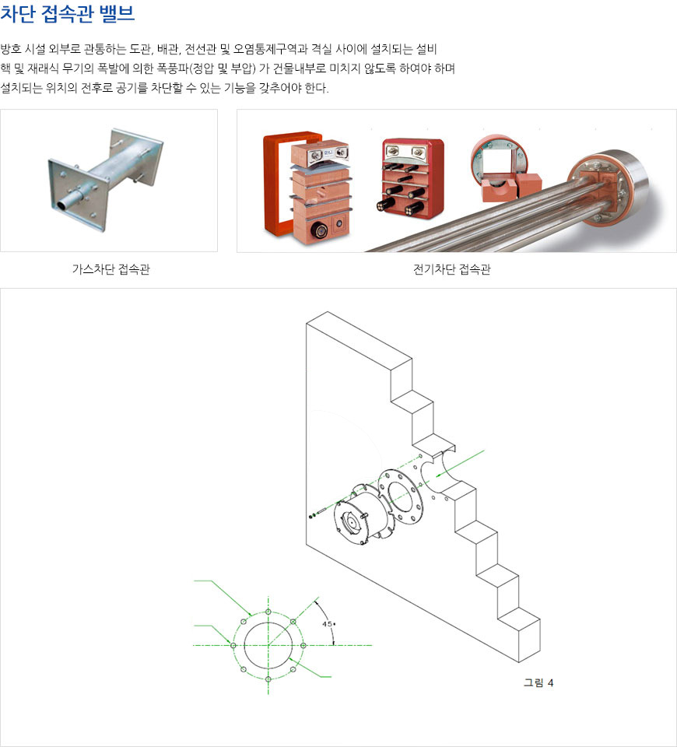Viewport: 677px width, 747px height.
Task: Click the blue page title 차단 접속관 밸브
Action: [67, 13]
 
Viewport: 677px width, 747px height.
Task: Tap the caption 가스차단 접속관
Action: [111, 269]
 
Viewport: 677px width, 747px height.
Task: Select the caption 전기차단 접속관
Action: [451, 269]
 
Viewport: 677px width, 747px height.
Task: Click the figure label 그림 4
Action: [538, 682]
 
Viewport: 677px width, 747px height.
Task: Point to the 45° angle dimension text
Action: [328, 623]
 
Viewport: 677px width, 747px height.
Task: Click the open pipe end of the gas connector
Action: [63, 205]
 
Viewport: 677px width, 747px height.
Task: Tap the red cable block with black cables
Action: [412, 179]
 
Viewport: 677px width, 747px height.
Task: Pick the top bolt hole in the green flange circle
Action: [268, 612]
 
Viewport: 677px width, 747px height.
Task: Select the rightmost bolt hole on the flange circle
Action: [303, 646]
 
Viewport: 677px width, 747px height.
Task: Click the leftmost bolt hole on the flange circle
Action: [233, 646]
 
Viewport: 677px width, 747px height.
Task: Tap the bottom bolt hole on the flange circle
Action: [268, 679]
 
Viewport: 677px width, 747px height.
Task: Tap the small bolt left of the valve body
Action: [317, 513]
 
